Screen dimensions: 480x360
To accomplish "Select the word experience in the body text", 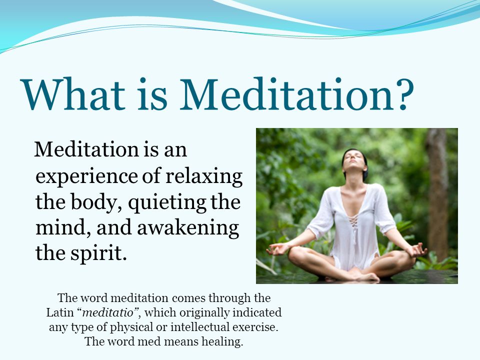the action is [86, 177].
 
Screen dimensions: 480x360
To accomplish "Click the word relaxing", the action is [204, 176].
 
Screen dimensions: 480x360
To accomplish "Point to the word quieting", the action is [167, 202].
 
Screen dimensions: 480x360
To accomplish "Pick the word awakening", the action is [188, 228].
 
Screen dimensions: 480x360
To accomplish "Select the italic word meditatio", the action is [108, 312].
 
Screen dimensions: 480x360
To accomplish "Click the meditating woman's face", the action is [353, 160].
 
